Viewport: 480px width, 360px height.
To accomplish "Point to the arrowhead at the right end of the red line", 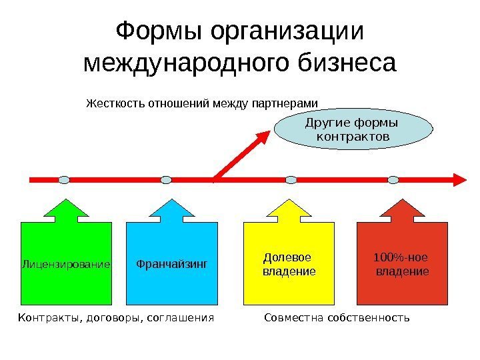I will click(x=460, y=179).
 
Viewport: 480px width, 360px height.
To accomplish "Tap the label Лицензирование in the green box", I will click(x=65, y=265).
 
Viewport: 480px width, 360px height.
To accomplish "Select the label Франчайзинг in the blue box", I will click(x=172, y=264).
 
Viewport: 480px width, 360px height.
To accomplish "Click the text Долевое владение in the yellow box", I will click(x=288, y=264).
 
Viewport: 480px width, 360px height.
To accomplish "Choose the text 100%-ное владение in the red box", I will click(x=402, y=264).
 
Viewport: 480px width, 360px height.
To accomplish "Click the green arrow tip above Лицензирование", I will click(x=65, y=201).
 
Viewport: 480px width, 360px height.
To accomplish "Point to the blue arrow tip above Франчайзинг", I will click(x=172, y=201).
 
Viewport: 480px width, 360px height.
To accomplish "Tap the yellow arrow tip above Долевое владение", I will click(x=291, y=201).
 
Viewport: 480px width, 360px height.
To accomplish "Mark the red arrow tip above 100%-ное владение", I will click(x=402, y=201).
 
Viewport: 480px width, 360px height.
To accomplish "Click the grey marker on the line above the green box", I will click(x=64, y=179).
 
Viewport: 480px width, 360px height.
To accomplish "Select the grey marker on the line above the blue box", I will click(x=167, y=179).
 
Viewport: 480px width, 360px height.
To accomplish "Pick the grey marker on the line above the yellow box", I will click(x=291, y=179).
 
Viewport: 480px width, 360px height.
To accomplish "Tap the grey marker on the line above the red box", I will click(x=393, y=179).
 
